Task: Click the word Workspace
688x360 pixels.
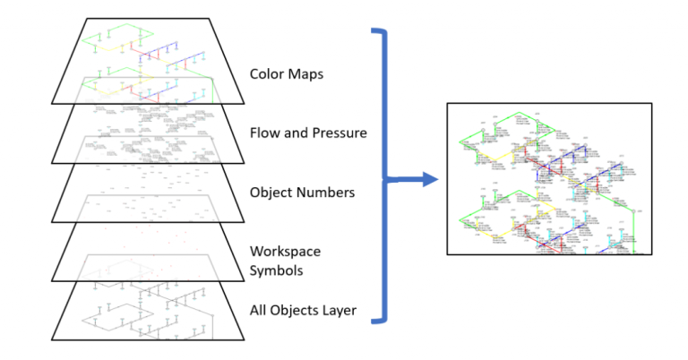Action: (x=284, y=252)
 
